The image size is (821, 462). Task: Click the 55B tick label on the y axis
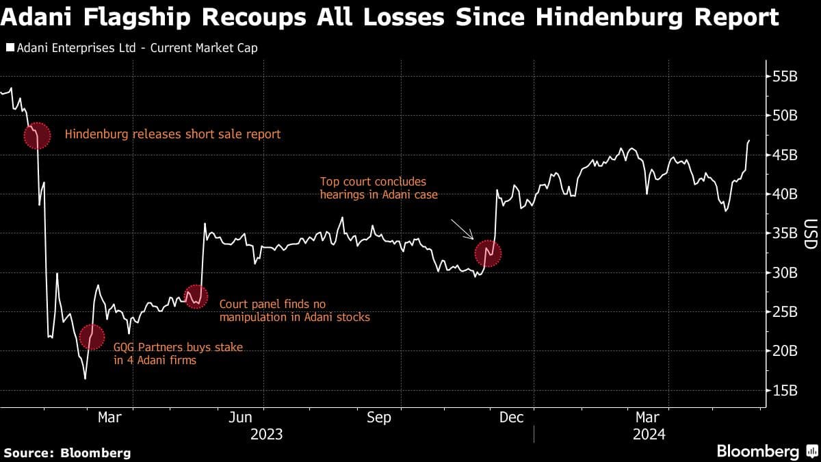(784, 77)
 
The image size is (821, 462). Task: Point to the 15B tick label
(784, 391)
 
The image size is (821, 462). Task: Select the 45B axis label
(784, 155)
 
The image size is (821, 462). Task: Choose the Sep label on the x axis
(378, 417)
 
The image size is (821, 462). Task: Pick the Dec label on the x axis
(511, 417)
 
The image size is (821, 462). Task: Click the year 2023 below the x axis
(267, 434)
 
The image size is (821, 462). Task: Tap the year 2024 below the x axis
(647, 434)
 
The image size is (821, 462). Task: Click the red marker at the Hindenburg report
(37, 136)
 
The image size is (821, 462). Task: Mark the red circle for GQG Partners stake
(93, 336)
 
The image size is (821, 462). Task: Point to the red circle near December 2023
(488, 254)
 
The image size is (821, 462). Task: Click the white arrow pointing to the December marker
(462, 229)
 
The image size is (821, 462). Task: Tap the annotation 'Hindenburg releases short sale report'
(172, 134)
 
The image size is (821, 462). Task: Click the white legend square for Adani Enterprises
(10, 49)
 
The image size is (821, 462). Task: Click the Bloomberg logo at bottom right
(758, 452)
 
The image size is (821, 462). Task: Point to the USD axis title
(810, 234)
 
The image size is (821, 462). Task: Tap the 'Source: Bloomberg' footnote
(67, 452)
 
